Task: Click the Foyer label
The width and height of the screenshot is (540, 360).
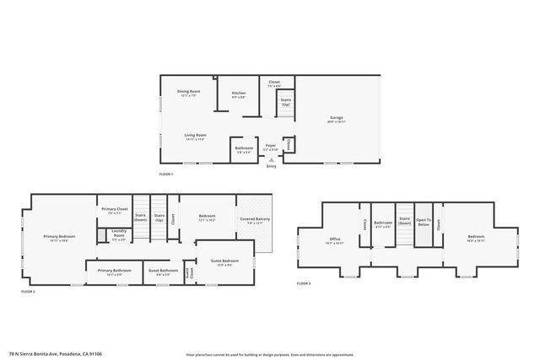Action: (271, 146)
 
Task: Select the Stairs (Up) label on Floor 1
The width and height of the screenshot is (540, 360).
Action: (286, 101)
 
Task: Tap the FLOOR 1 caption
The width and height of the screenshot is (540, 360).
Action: (165, 174)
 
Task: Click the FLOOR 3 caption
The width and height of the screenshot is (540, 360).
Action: (304, 283)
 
